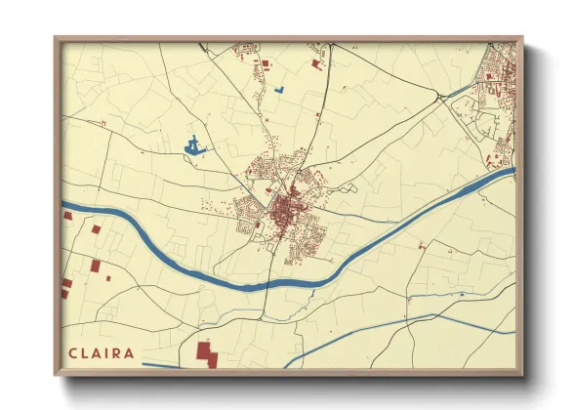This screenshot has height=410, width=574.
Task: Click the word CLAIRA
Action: click(x=102, y=352)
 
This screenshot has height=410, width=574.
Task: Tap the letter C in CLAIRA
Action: click(x=72, y=352)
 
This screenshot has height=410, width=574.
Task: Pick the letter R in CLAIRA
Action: click(x=118, y=352)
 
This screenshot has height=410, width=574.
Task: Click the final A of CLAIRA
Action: click(x=131, y=352)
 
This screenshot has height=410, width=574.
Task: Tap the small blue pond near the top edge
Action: click(x=279, y=90)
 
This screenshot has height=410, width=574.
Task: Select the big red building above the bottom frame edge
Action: click(x=206, y=353)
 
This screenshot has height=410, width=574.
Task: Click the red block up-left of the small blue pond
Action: click(x=263, y=64)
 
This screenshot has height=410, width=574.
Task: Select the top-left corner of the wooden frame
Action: click(x=57, y=39)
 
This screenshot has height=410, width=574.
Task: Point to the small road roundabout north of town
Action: click(x=317, y=114)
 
